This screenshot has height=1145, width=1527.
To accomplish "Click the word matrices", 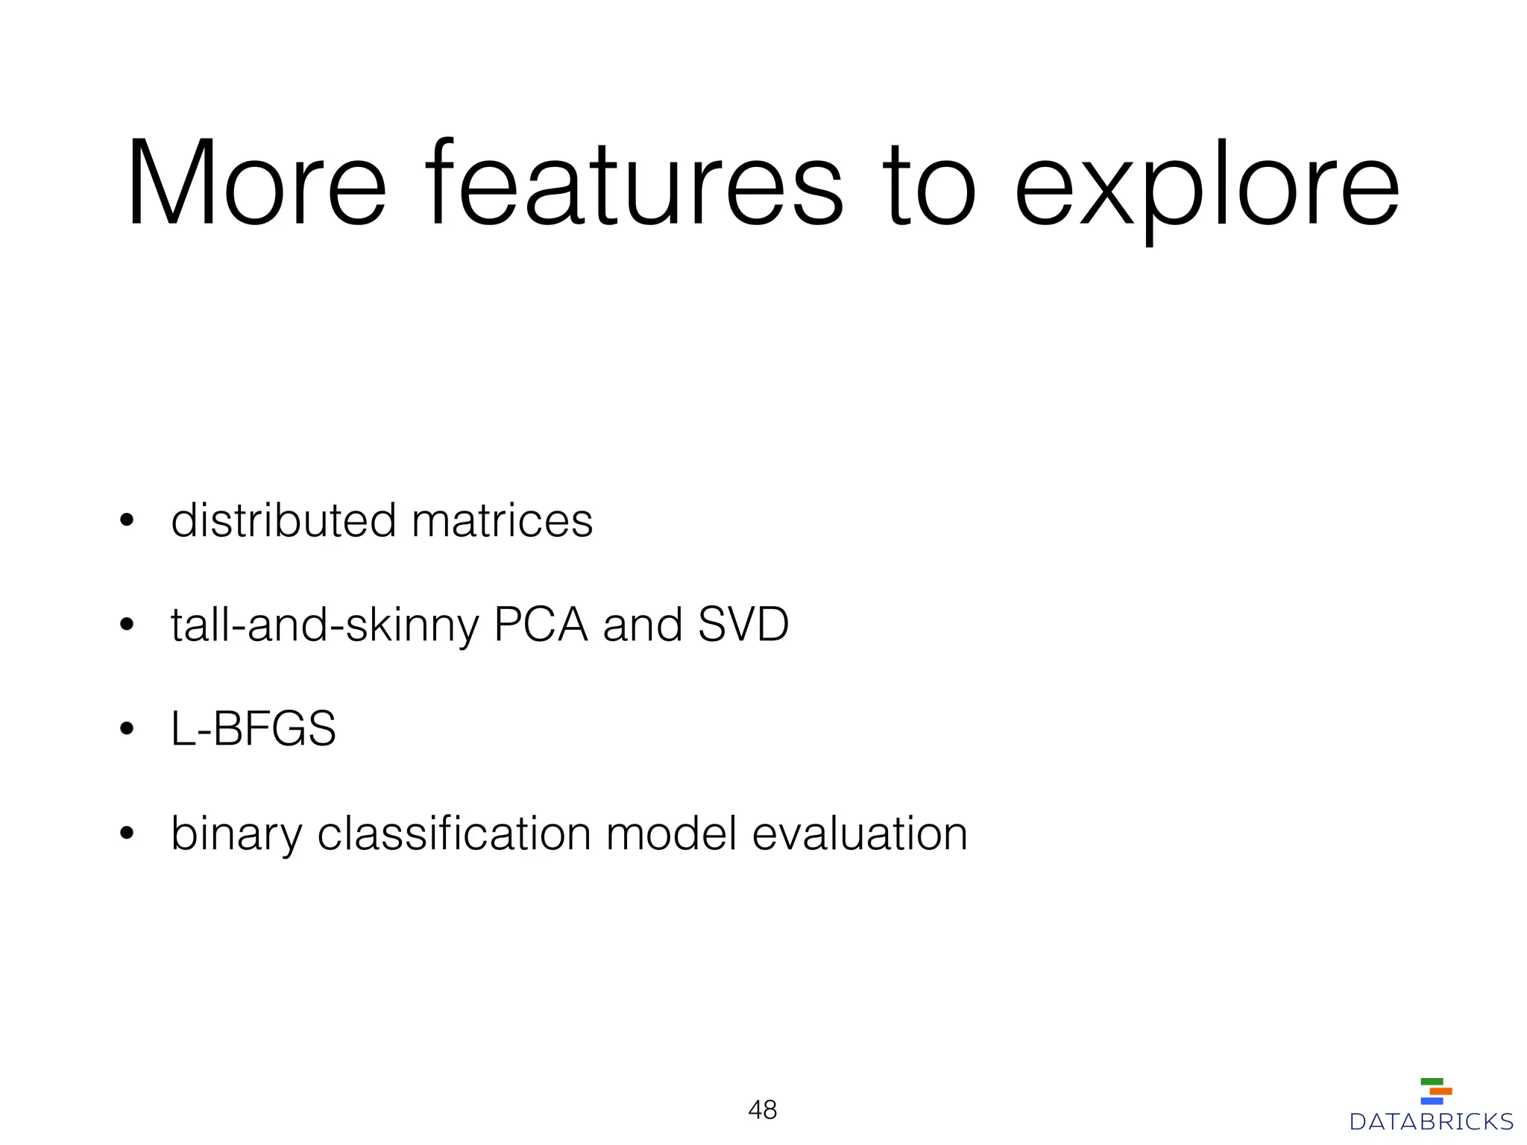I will click(x=502, y=520).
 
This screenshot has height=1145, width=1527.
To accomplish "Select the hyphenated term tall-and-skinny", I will click(x=324, y=625).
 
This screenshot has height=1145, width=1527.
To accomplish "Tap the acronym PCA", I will click(x=541, y=625).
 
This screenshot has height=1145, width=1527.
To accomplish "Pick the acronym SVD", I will click(x=743, y=625).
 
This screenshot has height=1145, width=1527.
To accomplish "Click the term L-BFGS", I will click(x=254, y=729).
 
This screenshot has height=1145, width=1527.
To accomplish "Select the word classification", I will click(x=454, y=833).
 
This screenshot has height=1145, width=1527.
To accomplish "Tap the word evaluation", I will click(x=860, y=833).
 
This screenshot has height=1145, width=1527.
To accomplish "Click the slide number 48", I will click(x=762, y=1110).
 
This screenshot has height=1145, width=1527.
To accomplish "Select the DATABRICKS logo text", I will click(x=1432, y=1122).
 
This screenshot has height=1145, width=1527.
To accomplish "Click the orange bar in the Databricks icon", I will click(x=1441, y=1091).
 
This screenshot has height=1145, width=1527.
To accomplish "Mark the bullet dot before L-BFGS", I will click(x=127, y=729).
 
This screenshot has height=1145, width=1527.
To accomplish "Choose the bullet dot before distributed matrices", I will click(x=127, y=520).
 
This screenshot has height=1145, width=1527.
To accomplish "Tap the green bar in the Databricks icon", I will click(x=1432, y=1082).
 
